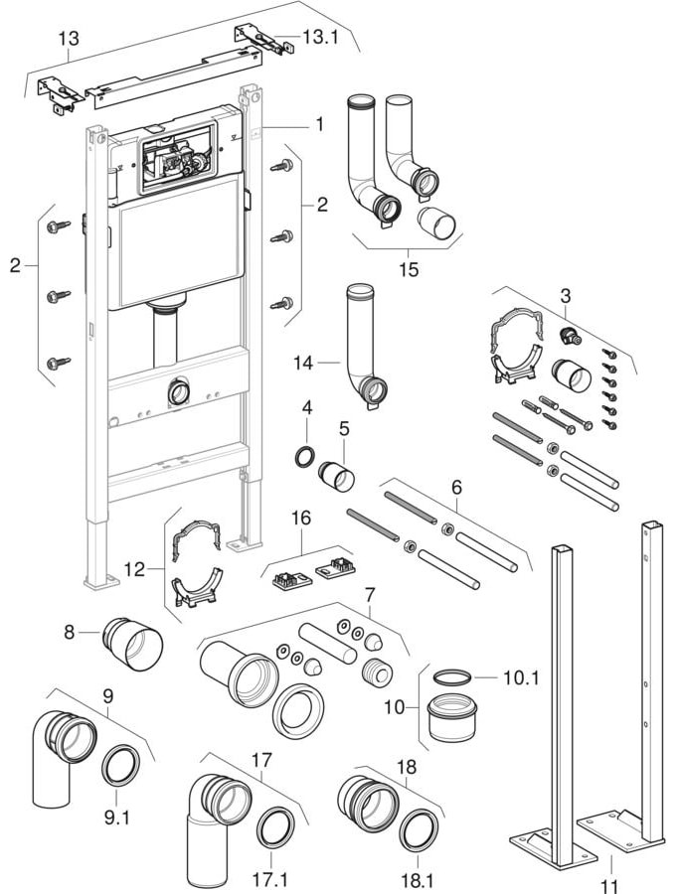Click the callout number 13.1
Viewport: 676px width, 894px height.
pos(319,37)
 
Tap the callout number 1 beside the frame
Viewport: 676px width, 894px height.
pos(320,124)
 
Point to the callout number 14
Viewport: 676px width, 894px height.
pos(304,364)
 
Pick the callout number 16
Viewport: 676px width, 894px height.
pos(301,518)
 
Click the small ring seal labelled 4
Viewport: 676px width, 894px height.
pos(306,457)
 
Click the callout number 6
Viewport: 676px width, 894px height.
pos(456,487)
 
